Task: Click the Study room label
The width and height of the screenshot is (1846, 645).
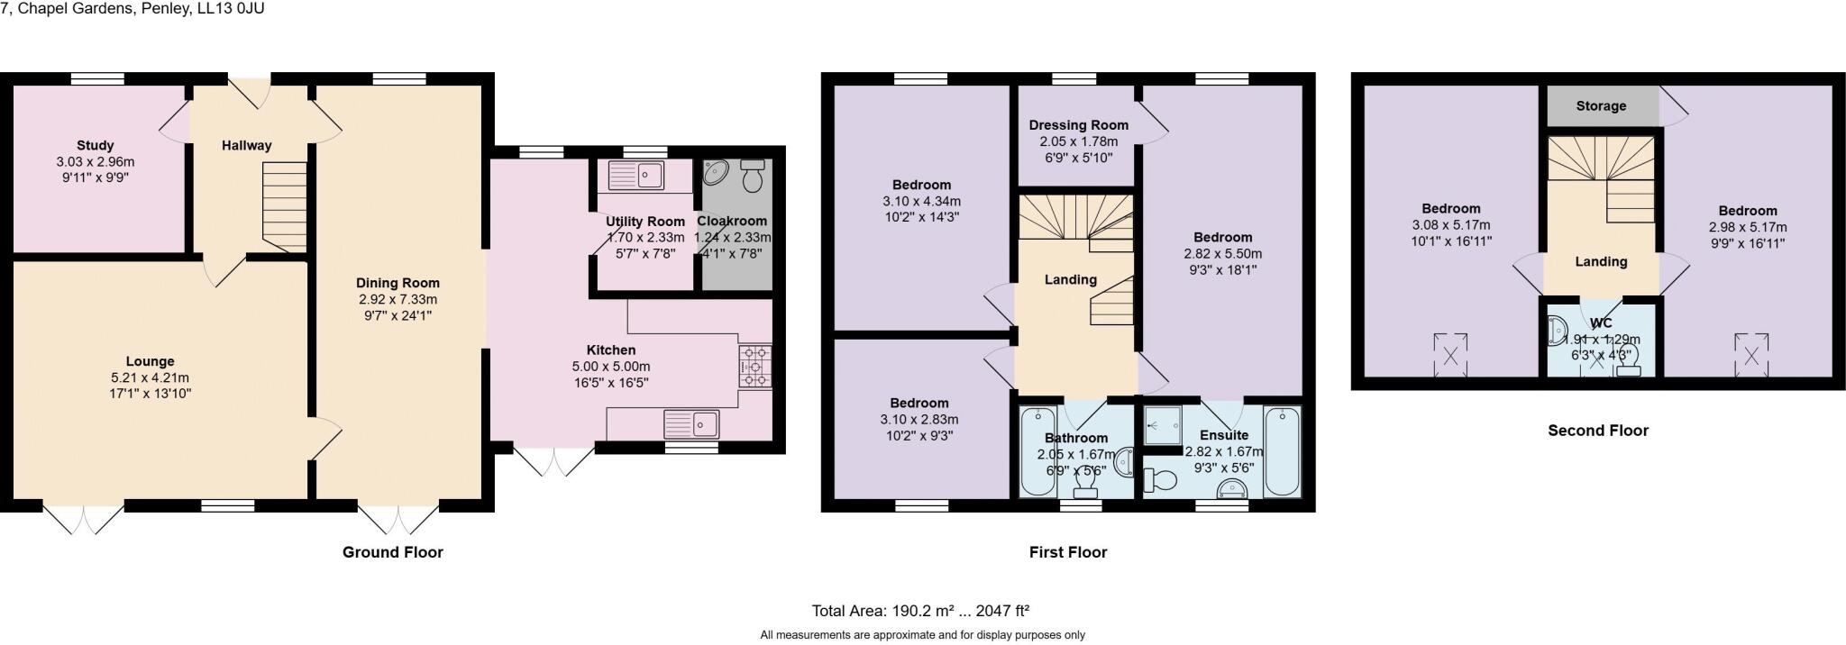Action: (x=95, y=145)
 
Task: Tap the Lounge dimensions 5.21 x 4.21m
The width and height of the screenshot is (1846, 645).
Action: (x=150, y=377)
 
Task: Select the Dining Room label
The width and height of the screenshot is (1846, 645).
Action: (x=397, y=283)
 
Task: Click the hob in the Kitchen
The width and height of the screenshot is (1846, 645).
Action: (x=755, y=367)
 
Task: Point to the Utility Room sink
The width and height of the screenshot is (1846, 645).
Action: (x=636, y=175)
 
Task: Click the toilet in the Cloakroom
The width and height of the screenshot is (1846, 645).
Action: (x=752, y=177)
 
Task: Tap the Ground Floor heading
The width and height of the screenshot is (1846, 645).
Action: (x=392, y=551)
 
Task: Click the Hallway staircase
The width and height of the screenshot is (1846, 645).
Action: (x=285, y=206)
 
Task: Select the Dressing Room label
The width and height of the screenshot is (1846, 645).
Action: (x=1078, y=125)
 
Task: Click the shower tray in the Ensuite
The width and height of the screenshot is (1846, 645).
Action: (x=1163, y=424)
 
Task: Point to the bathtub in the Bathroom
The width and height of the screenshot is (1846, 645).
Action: (x=1037, y=451)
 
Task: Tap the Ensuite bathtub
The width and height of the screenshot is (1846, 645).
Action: (x=1282, y=451)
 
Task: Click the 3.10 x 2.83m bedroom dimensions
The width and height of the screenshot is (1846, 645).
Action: (x=919, y=419)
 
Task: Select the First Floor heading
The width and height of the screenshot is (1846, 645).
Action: (x=1067, y=551)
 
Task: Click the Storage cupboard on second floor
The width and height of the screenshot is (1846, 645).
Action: (x=1602, y=105)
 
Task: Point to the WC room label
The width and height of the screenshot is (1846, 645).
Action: (x=1601, y=323)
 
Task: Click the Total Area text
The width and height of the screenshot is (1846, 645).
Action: (x=920, y=611)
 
